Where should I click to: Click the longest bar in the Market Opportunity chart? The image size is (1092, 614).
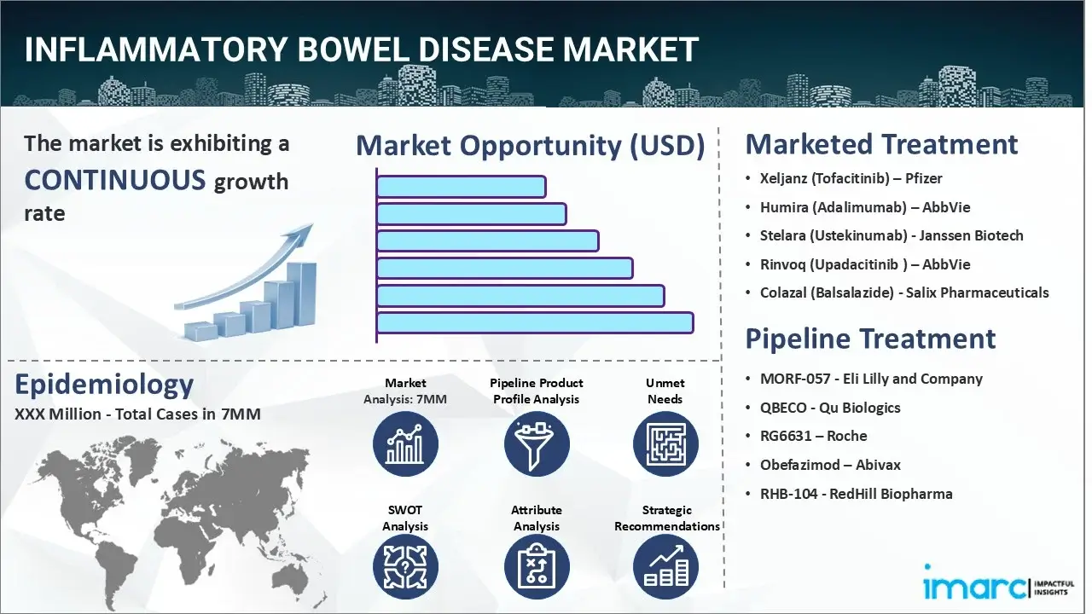point(535,323)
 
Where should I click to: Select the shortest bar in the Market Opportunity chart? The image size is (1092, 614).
point(461,187)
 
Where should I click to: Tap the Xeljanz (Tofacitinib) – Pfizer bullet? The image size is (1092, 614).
point(851,178)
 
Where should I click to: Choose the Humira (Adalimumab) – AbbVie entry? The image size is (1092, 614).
point(864,207)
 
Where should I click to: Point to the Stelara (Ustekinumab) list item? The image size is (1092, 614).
point(891,235)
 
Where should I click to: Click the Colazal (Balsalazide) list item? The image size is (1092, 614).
point(903,293)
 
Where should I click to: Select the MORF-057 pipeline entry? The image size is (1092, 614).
point(870,379)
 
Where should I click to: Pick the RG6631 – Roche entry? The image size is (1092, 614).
point(813,436)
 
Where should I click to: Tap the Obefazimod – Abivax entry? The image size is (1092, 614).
point(829,465)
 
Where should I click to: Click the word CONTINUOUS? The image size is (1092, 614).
point(115,180)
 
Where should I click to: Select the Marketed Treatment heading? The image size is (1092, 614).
point(881,144)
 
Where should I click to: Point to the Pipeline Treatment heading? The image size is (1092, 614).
point(870,339)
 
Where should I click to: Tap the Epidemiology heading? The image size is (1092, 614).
point(104,385)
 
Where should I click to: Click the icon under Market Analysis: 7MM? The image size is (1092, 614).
point(405,444)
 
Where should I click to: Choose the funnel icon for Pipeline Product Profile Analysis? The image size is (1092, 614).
point(536,444)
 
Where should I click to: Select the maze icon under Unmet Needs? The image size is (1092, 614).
point(665,444)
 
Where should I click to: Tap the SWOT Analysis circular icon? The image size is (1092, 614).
point(405,568)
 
